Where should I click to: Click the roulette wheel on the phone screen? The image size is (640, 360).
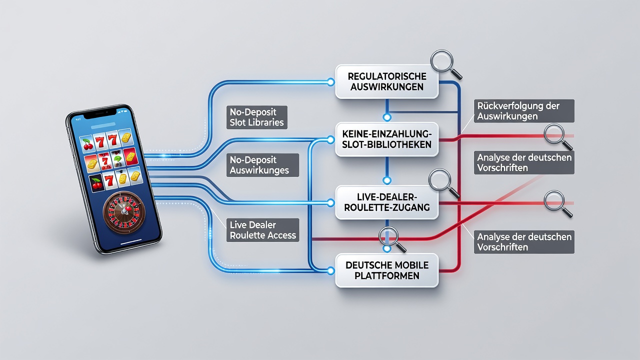(124, 212)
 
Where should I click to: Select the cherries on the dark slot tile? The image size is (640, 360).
(97, 183)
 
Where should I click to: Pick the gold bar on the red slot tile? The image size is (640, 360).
(130, 157)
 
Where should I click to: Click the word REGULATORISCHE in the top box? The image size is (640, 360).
(387, 76)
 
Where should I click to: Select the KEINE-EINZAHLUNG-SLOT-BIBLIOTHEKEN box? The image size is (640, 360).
(387, 139)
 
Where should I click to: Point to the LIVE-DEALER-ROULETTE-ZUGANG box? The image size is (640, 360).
(387, 202)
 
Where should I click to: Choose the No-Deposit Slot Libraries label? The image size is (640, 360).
(257, 117)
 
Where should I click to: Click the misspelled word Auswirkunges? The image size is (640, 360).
(259, 170)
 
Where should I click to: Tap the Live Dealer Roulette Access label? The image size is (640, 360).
(263, 230)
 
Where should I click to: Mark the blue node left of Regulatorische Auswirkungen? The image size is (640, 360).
(330, 82)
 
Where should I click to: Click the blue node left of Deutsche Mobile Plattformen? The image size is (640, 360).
(330, 271)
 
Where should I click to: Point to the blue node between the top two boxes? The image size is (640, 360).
(387, 117)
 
